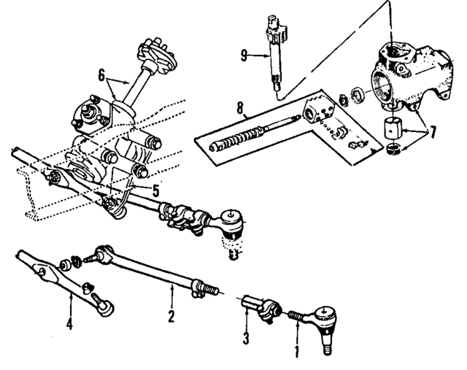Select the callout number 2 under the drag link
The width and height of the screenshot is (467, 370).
(171, 316)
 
